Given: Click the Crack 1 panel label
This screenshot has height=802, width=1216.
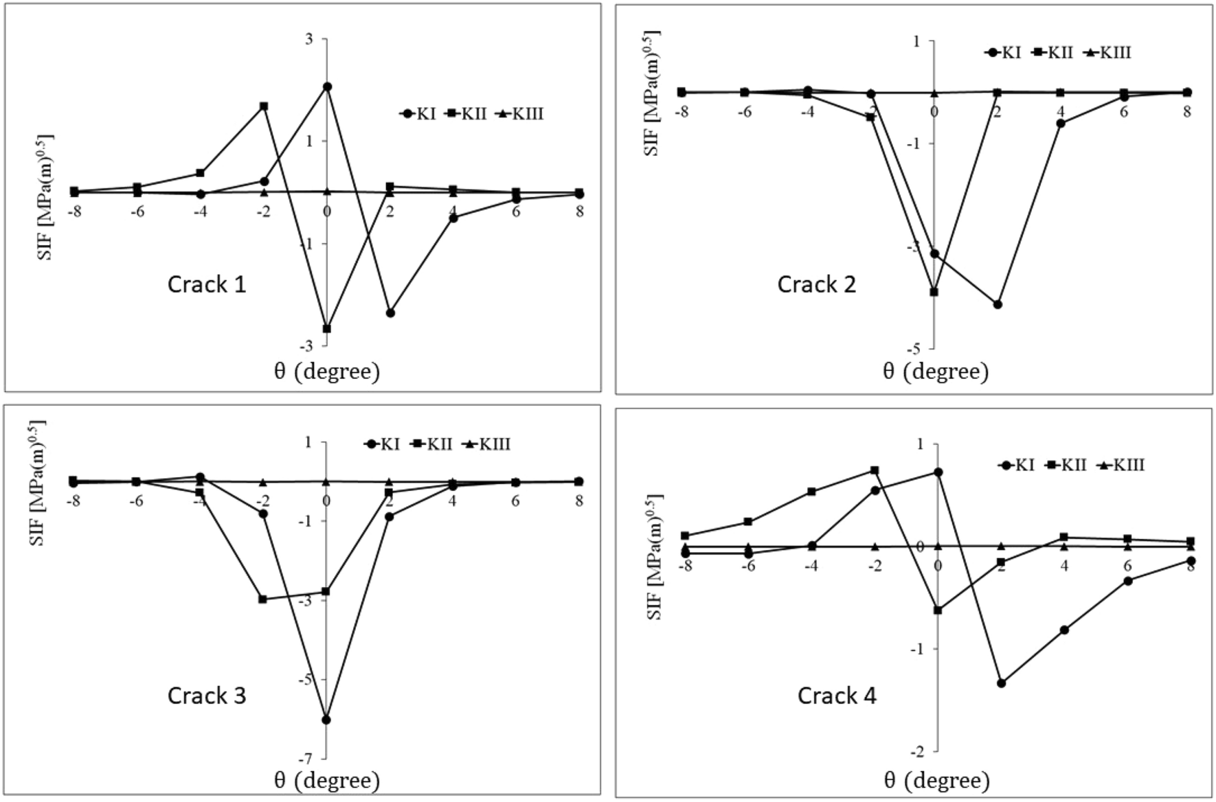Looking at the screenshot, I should coord(206,284).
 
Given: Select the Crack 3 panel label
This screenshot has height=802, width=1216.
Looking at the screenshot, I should coord(206,696).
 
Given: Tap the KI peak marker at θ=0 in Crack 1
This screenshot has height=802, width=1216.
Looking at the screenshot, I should coord(327,87).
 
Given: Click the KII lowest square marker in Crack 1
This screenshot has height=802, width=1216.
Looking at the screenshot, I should coord(327,329).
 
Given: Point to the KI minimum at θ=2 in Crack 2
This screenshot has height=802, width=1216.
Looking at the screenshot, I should coord(998,304).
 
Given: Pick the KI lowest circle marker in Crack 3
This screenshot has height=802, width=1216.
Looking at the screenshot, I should coord(326,720).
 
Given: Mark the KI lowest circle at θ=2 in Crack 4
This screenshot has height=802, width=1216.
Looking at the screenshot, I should coord(1001,683).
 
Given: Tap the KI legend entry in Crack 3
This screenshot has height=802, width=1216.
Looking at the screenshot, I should coord(382,444).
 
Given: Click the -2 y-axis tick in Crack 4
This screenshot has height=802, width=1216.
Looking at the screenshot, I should coord(917,751).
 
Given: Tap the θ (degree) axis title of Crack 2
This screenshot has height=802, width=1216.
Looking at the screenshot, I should coord(935,371).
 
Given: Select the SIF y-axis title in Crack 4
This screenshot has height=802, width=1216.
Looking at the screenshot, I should coord(655,556).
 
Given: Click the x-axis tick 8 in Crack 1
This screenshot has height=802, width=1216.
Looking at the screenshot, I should coord(580,211).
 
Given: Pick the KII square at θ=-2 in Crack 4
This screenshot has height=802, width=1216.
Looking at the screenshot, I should coord(875,470).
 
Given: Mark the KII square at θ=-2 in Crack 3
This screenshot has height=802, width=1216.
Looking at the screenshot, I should coord(262,599).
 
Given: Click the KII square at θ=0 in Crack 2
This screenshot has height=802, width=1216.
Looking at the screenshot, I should coord(934,292).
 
